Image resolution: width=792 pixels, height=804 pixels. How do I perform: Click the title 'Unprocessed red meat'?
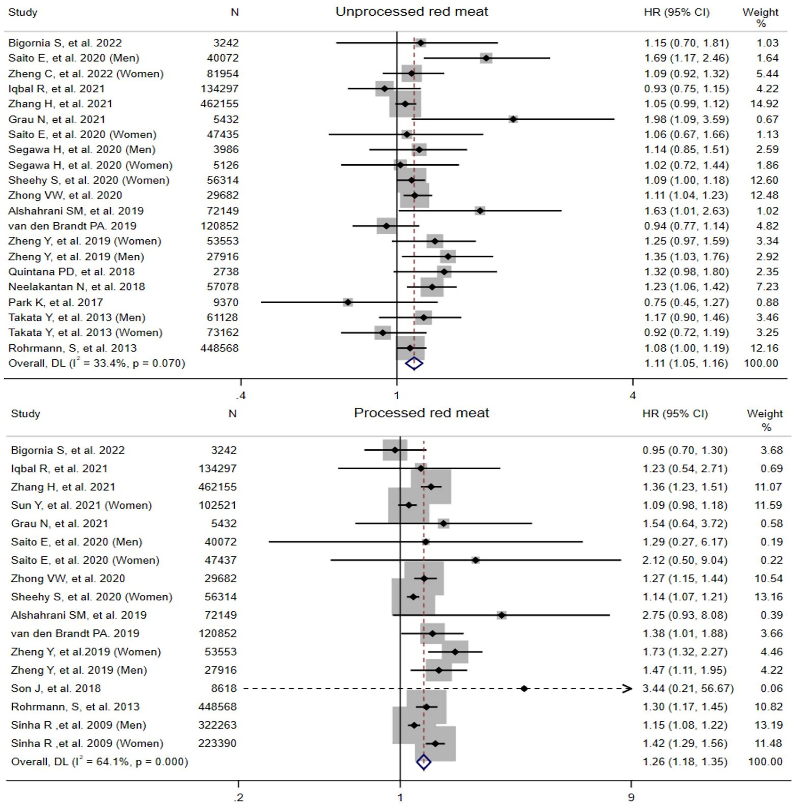tap(412, 12)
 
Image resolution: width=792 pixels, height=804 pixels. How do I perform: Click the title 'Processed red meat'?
tap(422, 413)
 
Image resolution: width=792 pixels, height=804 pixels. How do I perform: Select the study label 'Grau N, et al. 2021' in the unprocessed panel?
tap(57, 119)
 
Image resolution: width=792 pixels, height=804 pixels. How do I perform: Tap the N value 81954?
tap(223, 74)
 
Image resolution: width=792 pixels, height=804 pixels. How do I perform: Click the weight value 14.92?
tap(764, 104)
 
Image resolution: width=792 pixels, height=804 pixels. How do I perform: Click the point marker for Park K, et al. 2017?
tap(347, 303)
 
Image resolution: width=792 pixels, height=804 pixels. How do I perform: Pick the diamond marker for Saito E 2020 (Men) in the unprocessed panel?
tap(486, 58)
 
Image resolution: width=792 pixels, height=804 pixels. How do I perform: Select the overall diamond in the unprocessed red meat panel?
tap(414, 364)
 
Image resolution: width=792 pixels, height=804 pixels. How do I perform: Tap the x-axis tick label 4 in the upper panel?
tap(633, 395)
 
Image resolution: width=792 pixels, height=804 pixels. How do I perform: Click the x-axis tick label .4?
tap(240, 395)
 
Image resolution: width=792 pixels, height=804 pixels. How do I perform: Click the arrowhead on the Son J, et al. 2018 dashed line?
tap(627, 689)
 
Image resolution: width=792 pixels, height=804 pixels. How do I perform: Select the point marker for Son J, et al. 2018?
tap(524, 689)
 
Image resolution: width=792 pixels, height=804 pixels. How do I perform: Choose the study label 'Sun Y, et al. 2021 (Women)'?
tap(81, 505)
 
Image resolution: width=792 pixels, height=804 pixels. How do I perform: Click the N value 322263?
tap(217, 725)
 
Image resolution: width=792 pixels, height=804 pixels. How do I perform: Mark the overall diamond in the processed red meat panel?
tap(423, 762)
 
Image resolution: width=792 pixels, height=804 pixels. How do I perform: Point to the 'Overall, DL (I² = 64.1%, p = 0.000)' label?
tap(99, 762)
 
